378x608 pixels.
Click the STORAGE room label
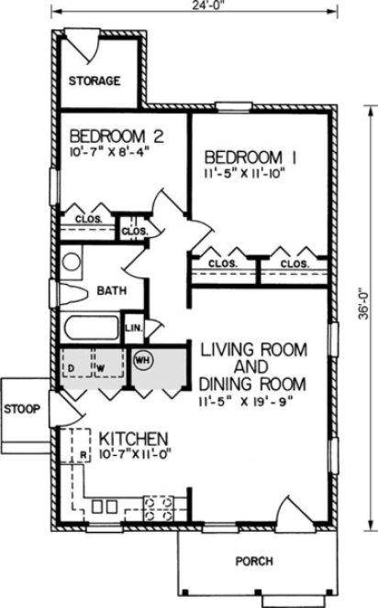94,81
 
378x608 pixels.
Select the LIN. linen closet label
133,328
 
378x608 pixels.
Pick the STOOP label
21,408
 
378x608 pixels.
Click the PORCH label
253,560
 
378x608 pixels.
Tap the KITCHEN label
133,437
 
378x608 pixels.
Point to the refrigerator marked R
82,453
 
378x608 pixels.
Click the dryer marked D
72,368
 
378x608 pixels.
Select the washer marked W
102,368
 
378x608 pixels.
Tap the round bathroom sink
72,261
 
